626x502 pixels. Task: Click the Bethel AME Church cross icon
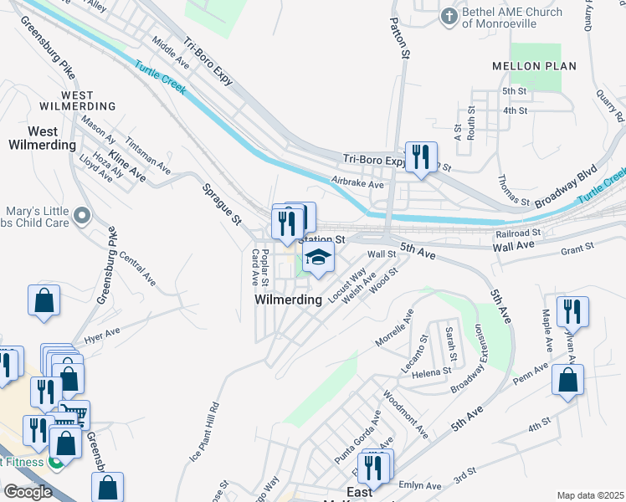(x=449, y=16)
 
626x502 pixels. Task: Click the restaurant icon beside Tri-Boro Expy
(x=421, y=156)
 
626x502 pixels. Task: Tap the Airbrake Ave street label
(x=357, y=182)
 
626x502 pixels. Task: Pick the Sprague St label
(x=220, y=204)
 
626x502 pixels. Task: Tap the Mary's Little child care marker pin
(x=81, y=217)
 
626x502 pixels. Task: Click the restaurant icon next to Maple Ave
(x=572, y=311)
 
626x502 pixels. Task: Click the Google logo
(x=28, y=491)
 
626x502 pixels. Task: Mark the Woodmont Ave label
(x=405, y=413)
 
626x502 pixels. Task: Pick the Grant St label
(x=577, y=247)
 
